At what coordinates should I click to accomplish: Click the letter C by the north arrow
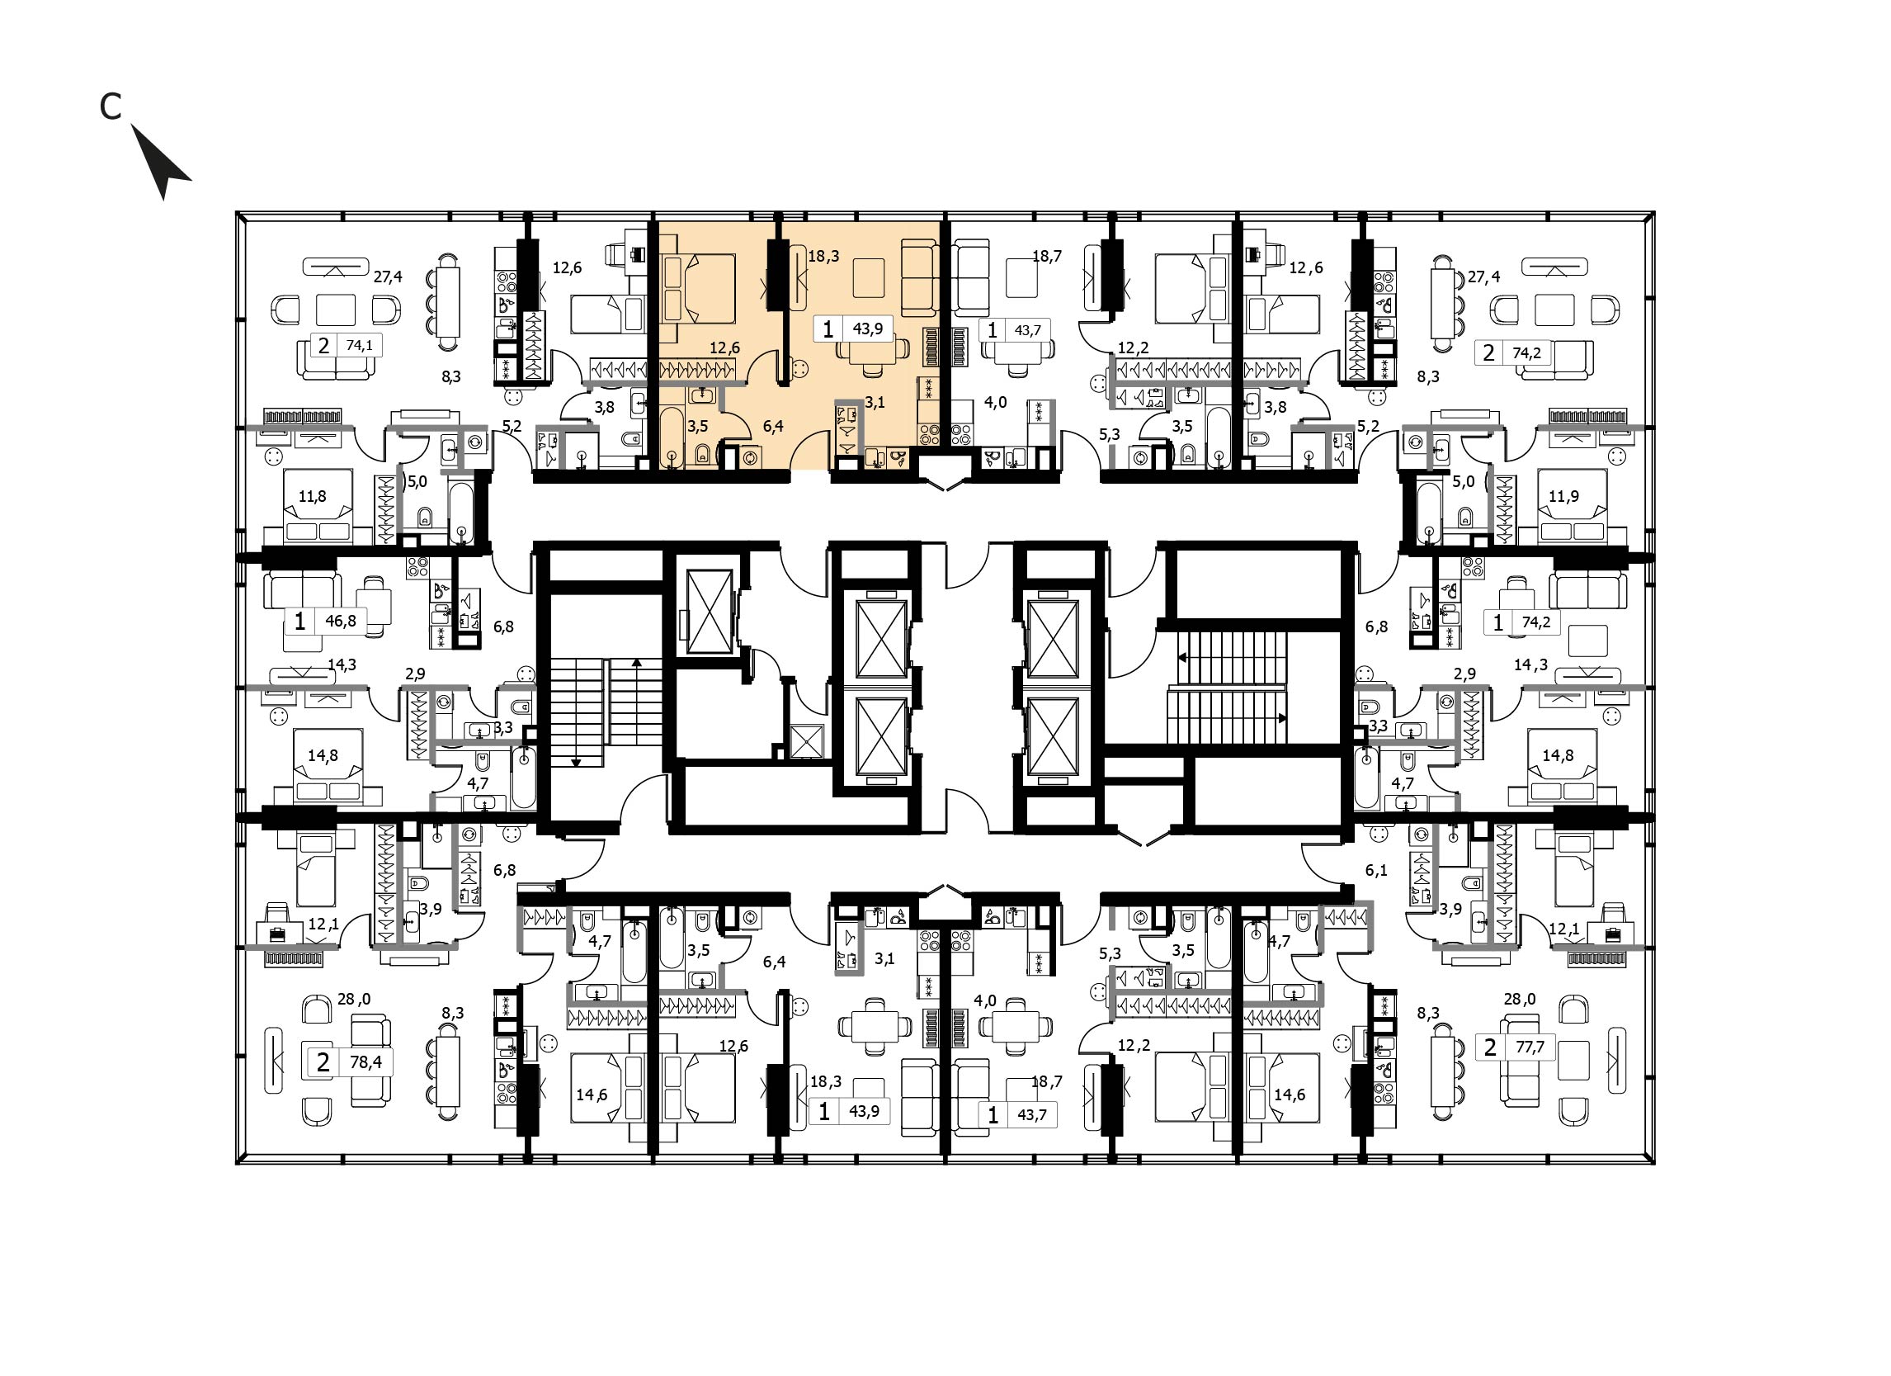click(x=110, y=106)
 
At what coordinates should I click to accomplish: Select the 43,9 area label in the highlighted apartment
click(x=867, y=329)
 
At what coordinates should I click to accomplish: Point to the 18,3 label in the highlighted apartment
click(x=823, y=257)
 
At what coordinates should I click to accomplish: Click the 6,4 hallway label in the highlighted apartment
click(x=773, y=427)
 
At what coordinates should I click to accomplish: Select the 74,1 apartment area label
click(x=360, y=344)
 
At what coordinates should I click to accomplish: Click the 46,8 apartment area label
click(x=340, y=621)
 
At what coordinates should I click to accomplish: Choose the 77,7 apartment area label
click(x=1529, y=1047)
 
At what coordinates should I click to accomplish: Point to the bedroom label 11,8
click(x=312, y=496)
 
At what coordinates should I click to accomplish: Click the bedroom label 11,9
click(x=1563, y=496)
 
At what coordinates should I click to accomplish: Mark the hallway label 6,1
click(x=1375, y=870)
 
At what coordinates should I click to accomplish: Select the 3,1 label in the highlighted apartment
click(x=874, y=402)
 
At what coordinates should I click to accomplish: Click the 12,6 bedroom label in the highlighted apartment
click(x=724, y=348)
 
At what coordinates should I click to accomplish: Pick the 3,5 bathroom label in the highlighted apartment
click(x=697, y=425)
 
